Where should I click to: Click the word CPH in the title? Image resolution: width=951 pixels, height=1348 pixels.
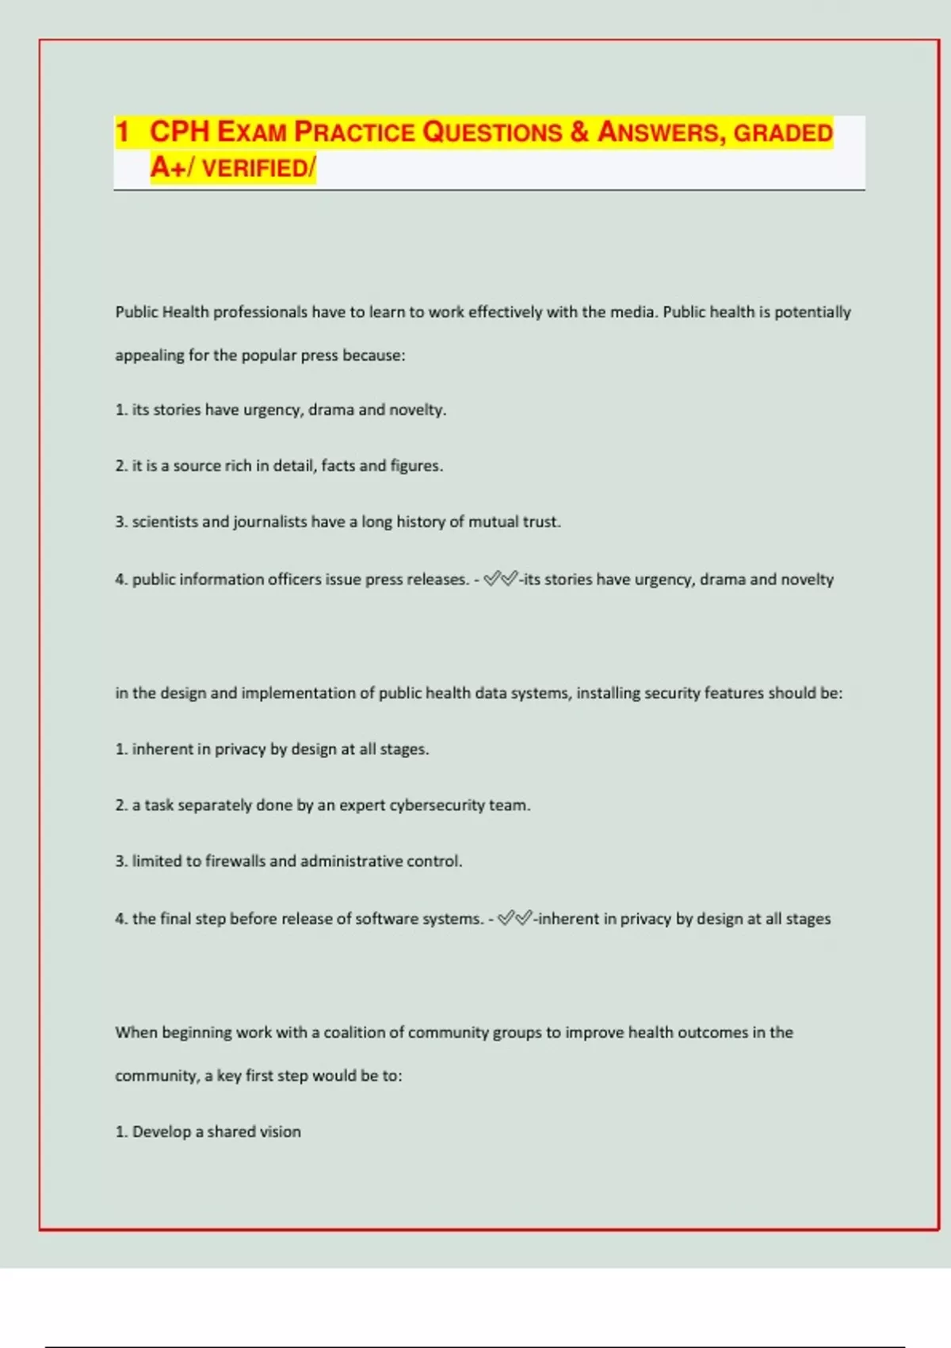tap(179, 132)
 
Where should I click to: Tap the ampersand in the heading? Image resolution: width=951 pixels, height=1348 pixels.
tap(579, 132)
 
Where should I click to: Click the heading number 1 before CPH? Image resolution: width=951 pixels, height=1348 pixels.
tap(122, 132)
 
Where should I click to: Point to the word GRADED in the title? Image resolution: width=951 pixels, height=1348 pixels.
tap(782, 132)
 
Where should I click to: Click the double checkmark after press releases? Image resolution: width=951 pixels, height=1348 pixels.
tap(501, 579)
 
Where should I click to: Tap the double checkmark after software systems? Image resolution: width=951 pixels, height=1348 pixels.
tap(515, 918)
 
